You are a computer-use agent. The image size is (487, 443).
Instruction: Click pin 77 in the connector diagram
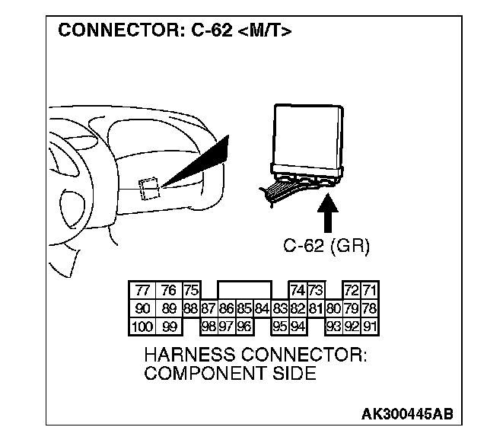142,291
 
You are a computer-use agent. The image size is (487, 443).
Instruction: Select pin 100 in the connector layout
142,327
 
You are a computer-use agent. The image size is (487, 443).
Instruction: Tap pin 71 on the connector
371,291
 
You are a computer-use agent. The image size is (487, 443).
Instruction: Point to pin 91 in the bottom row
371,327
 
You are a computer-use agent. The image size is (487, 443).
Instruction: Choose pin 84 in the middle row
262,309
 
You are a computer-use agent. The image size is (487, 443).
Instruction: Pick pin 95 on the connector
280,327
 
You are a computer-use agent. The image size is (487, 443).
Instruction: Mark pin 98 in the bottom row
208,327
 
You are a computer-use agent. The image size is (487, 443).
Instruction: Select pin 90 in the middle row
142,309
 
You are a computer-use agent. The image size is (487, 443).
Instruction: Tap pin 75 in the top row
190,291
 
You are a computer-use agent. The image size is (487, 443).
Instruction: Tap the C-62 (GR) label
327,246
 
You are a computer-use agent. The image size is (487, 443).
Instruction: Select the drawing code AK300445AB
407,414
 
